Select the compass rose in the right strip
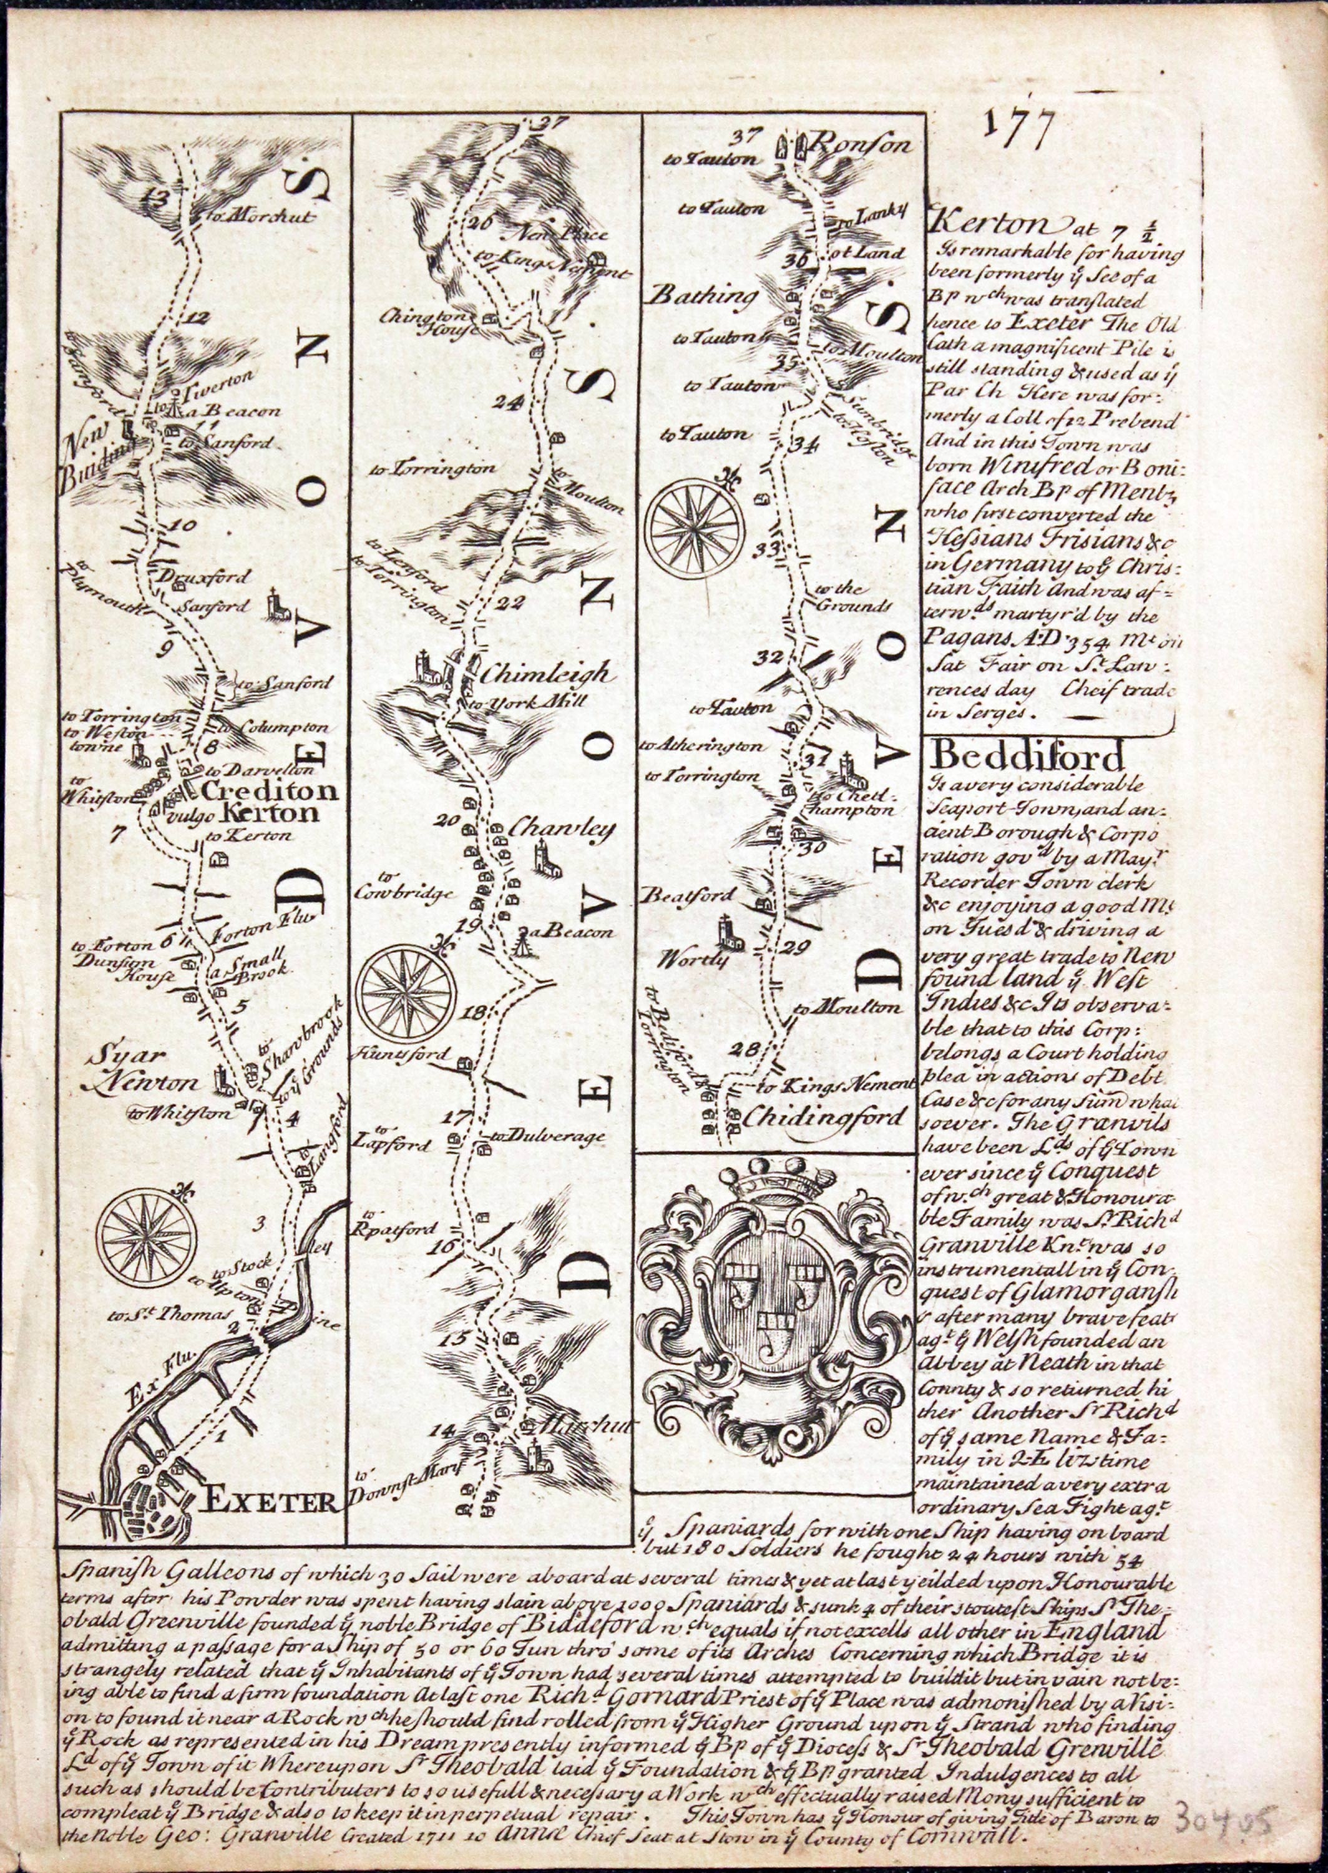(694, 523)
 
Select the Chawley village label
(561, 831)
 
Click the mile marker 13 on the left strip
(155, 195)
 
